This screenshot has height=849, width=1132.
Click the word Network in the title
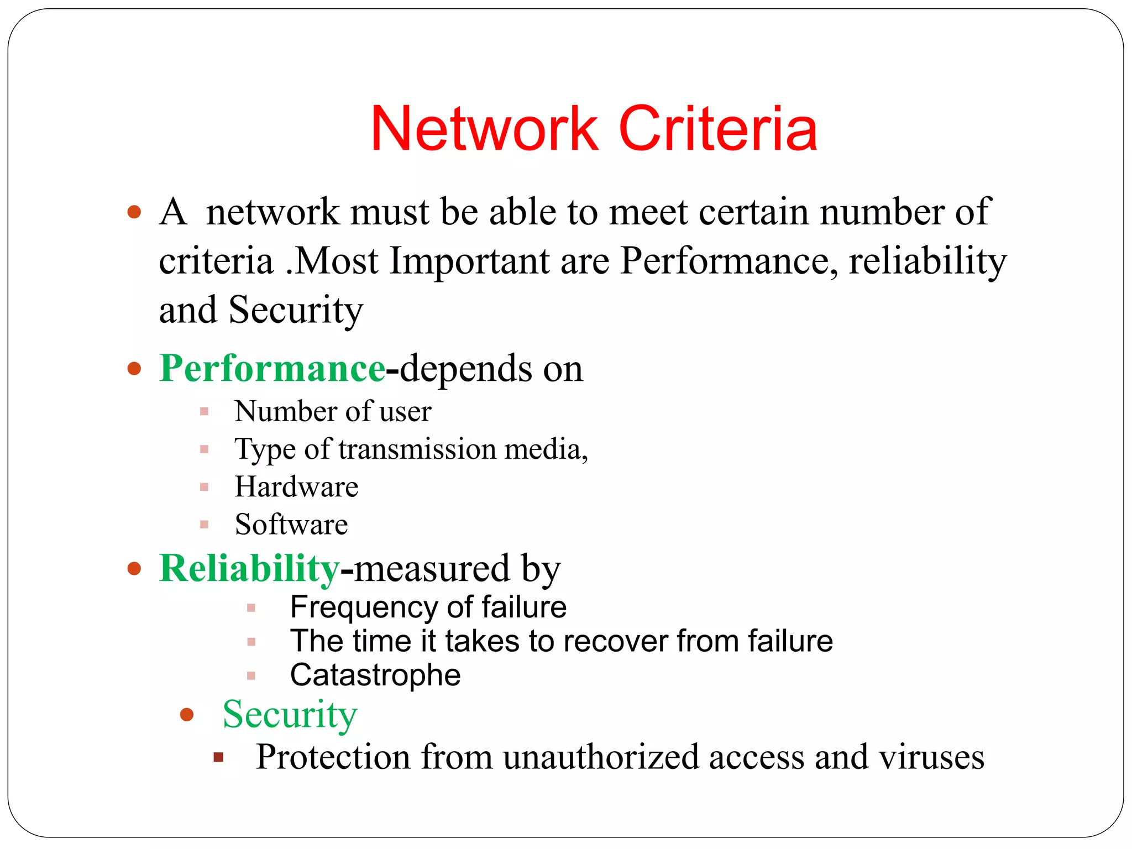coord(484,129)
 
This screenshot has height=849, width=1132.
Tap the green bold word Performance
coord(272,368)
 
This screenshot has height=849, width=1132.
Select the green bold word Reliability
coord(249,568)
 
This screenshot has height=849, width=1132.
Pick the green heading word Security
coord(290,714)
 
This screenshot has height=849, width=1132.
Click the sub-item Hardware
coord(296,487)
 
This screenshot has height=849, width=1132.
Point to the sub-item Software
coord(291,525)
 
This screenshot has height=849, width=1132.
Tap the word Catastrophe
coord(375,675)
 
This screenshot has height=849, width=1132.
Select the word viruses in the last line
coord(931,757)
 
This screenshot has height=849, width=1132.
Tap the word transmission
coord(417,449)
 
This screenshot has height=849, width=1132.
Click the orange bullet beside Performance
coord(134,369)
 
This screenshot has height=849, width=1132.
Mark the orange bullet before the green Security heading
coord(187,715)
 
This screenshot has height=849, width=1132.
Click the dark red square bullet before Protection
coord(218,757)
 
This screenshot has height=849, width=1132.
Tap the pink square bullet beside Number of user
coord(205,412)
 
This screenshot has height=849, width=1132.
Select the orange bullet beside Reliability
coord(134,569)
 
